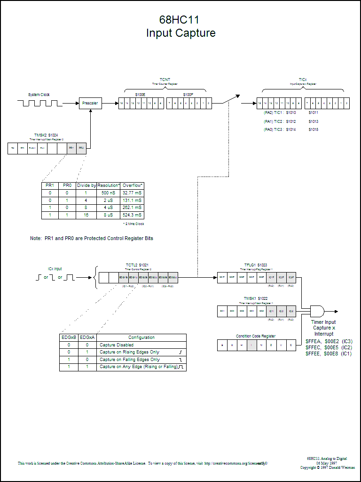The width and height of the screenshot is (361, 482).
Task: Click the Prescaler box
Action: tap(90, 103)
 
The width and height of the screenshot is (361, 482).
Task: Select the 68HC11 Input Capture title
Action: tap(181, 26)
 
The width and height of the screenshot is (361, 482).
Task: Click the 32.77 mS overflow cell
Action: tap(132, 193)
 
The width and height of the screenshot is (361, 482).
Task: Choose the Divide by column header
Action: tap(86, 185)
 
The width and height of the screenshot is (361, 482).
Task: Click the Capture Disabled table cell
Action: tap(141, 345)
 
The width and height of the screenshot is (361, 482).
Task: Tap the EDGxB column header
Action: tap(69, 337)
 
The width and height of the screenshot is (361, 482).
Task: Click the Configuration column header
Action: tap(141, 337)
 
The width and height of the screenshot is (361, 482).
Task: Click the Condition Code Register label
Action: tap(256, 336)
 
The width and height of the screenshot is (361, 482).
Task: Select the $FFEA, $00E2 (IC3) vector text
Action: tap(329, 341)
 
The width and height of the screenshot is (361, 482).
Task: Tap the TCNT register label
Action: tap(165, 80)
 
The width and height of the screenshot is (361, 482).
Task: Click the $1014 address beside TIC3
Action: tap(291, 129)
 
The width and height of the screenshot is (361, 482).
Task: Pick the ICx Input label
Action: tap(55, 269)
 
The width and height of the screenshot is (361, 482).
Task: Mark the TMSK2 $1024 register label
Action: tap(46, 135)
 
